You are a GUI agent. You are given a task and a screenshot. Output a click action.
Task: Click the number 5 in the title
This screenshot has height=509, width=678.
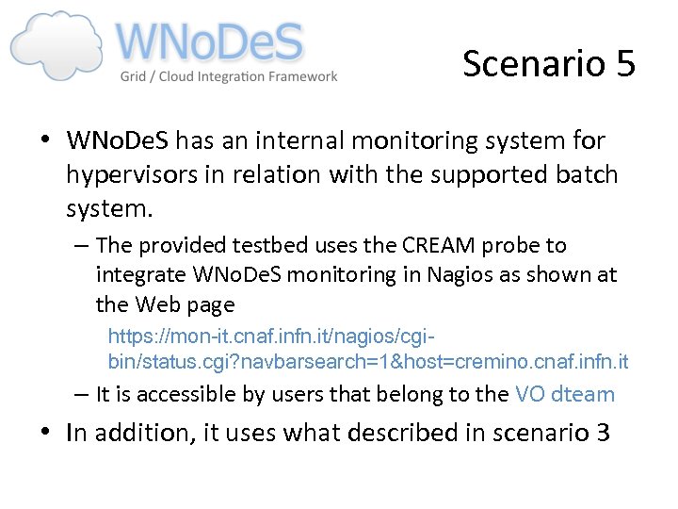625,63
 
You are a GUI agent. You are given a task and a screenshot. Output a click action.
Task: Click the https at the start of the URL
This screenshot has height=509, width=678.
129,337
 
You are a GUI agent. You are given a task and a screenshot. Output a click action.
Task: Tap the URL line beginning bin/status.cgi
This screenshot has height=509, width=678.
368,362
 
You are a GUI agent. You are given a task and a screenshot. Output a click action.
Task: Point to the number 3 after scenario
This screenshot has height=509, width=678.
602,434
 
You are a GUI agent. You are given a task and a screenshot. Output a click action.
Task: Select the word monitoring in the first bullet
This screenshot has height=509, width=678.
420,141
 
